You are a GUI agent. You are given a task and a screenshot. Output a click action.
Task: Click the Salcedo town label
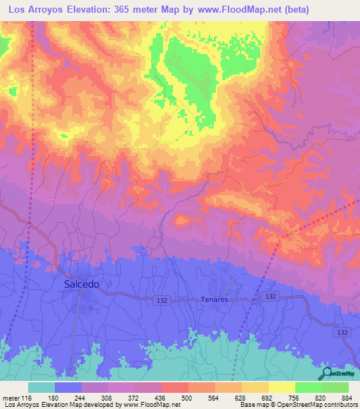click(x=82, y=285)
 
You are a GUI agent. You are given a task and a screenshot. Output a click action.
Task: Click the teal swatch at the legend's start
click(x=41, y=387)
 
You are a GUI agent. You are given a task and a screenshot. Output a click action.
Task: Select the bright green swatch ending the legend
click(x=335, y=387)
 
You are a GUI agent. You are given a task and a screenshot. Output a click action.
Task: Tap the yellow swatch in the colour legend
click(x=282, y=387)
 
